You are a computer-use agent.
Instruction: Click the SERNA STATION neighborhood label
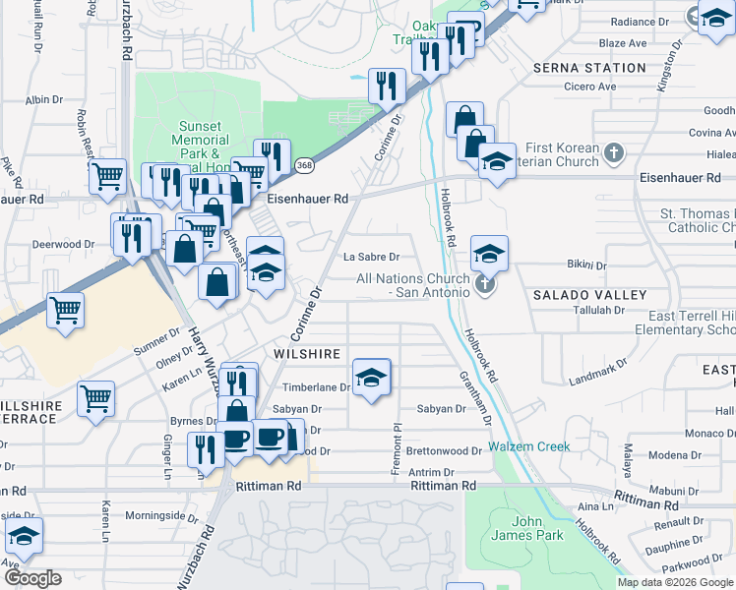(x=589, y=68)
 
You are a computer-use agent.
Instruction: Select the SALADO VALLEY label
(x=590, y=295)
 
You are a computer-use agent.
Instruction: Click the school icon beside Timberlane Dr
(x=371, y=379)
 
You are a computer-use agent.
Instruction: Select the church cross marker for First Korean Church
(x=614, y=153)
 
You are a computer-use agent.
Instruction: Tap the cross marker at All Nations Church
(x=483, y=285)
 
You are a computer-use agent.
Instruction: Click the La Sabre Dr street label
(x=370, y=258)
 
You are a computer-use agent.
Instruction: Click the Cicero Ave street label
(x=590, y=87)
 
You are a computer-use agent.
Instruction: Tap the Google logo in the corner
(x=32, y=578)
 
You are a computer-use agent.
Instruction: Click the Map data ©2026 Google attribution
(x=674, y=582)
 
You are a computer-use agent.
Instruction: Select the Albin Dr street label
(x=44, y=100)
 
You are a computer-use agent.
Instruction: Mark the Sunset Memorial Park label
(x=200, y=141)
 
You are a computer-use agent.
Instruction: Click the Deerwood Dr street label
(x=61, y=243)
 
